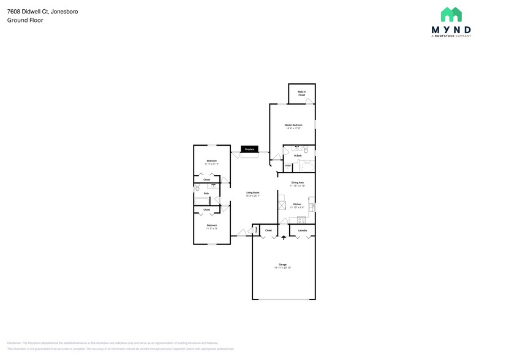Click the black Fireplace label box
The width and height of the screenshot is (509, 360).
click(249, 149)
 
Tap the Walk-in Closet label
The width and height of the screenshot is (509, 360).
click(301, 94)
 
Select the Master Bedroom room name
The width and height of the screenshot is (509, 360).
click(293, 125)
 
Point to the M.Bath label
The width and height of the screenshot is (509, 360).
click(298, 156)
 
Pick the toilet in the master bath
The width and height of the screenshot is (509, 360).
click(306, 149)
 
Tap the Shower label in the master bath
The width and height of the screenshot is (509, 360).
click(288, 165)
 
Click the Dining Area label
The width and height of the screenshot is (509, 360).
click(298, 182)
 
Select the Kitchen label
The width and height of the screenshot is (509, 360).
click(296, 204)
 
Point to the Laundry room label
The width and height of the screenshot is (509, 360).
click(302, 230)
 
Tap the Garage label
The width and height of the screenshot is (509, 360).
click(282, 264)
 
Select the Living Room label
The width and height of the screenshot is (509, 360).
click(252, 193)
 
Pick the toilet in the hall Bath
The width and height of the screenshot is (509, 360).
click(197, 190)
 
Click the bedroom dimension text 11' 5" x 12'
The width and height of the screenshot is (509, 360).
click(211, 228)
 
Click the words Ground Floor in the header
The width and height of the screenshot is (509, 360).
click(25, 20)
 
